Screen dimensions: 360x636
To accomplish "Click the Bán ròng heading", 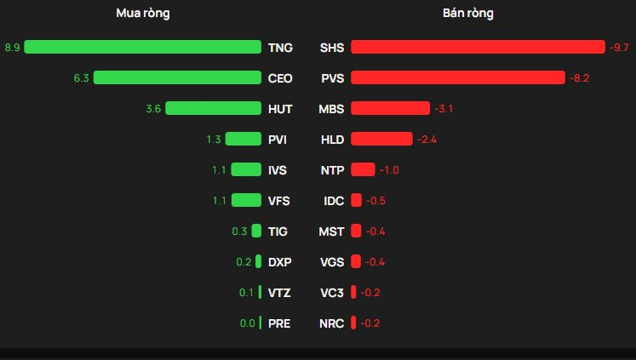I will tap(467, 14).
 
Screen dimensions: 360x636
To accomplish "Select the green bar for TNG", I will tap(142, 47).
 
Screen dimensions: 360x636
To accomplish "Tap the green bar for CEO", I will tap(177, 77).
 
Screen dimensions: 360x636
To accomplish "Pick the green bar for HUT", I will tap(213, 108).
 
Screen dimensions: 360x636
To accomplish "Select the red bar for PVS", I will tap(457, 77).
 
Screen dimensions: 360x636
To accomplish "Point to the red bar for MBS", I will tap(390, 108).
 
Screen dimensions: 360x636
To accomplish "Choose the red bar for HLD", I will tap(381, 139).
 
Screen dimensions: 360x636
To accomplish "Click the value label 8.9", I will tap(12, 47).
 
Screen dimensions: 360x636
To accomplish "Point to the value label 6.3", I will tap(82, 77).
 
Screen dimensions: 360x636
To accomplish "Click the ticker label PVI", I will tap(278, 139).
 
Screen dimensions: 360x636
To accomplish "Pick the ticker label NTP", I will tap(332, 169).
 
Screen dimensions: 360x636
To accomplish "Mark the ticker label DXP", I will tap(279, 261).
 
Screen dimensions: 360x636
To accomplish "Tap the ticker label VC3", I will tap(332, 292).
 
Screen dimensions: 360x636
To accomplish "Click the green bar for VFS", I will tap(246, 200).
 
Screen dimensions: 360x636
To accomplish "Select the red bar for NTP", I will tap(362, 169).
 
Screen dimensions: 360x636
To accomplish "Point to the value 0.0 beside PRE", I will tap(248, 323).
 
